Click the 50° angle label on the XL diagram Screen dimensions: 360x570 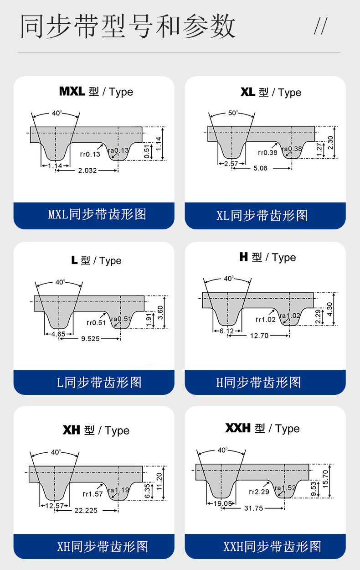click(233, 113)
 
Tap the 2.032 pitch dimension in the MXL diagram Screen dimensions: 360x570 click(87, 171)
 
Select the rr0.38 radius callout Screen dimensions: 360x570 click(267, 153)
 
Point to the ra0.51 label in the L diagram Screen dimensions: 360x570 click(121, 319)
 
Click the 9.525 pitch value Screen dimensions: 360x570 click(90, 339)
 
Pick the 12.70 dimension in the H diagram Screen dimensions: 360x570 click(259, 336)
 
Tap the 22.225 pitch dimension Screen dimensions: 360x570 click(86, 510)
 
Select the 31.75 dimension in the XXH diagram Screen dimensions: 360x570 click(253, 508)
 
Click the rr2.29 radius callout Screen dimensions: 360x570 click(259, 492)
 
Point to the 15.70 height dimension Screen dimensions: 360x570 click(325, 479)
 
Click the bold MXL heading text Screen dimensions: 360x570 click(72, 91)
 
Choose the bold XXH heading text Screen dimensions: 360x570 click(238, 428)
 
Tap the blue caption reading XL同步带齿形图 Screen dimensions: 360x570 click(262, 216)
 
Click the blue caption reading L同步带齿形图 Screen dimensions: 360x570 click(99, 383)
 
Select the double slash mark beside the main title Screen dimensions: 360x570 click(321, 26)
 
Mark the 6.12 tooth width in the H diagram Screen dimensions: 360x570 click(226, 331)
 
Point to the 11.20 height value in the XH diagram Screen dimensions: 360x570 click(159, 482)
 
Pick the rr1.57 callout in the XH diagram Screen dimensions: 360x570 click(93, 494)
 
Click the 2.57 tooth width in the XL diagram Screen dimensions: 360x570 click(231, 163)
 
